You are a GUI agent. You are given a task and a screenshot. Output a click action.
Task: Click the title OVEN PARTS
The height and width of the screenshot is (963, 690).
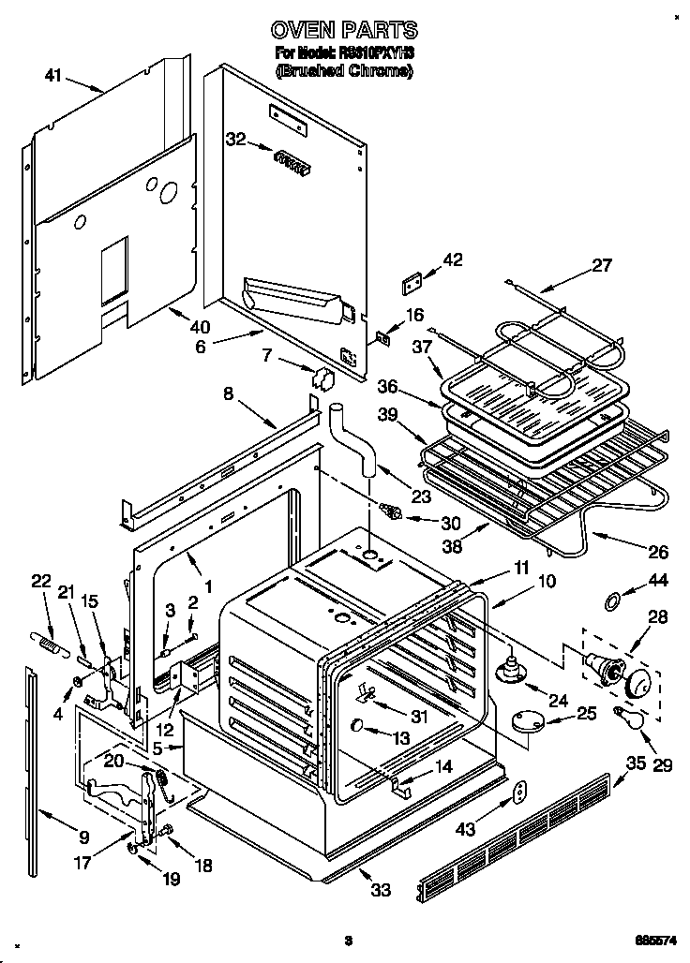coord(344,30)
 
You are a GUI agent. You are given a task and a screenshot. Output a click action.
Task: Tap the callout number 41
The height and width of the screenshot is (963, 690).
coord(54,75)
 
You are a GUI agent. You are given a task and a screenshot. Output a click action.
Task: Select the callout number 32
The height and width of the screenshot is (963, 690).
coord(235,139)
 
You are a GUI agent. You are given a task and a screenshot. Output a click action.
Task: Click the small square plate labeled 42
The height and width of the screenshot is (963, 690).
coord(411,278)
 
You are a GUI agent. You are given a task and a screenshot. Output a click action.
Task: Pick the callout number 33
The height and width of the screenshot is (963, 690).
coord(380,889)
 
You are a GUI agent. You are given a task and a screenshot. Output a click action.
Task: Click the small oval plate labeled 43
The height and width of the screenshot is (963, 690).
coord(518,793)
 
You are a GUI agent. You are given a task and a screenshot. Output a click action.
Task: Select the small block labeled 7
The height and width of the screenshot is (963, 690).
coord(325,378)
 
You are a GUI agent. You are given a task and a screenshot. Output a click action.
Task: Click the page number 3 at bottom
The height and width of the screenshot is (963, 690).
coord(347,941)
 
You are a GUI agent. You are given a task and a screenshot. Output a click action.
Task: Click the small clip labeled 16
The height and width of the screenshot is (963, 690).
coord(382,337)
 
